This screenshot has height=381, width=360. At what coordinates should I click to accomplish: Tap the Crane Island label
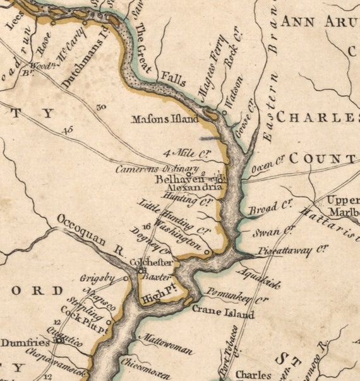click(222, 313)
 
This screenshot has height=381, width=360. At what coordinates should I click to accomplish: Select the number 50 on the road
click(101, 107)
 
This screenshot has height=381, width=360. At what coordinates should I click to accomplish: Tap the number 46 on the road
click(68, 131)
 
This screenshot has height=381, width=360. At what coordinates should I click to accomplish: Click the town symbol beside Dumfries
click(59, 340)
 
